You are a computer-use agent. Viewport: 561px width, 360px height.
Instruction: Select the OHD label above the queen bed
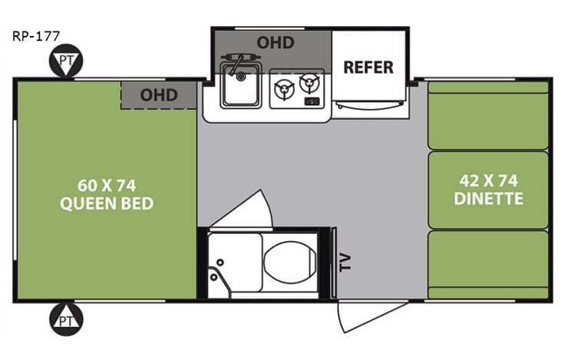point(159,95)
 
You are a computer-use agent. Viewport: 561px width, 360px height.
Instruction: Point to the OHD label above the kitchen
point(275,42)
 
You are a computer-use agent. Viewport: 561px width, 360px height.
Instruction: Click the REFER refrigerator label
point(368,67)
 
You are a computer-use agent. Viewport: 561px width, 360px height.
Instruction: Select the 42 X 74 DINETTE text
point(488,190)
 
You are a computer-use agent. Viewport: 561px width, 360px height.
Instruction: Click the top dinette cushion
point(488,115)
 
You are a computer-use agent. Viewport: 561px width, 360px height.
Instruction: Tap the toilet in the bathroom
point(288,261)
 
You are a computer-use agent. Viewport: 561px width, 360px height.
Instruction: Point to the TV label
point(345,263)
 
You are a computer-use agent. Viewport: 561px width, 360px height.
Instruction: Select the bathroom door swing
point(244,209)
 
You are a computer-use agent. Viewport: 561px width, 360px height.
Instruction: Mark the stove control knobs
point(312,101)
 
